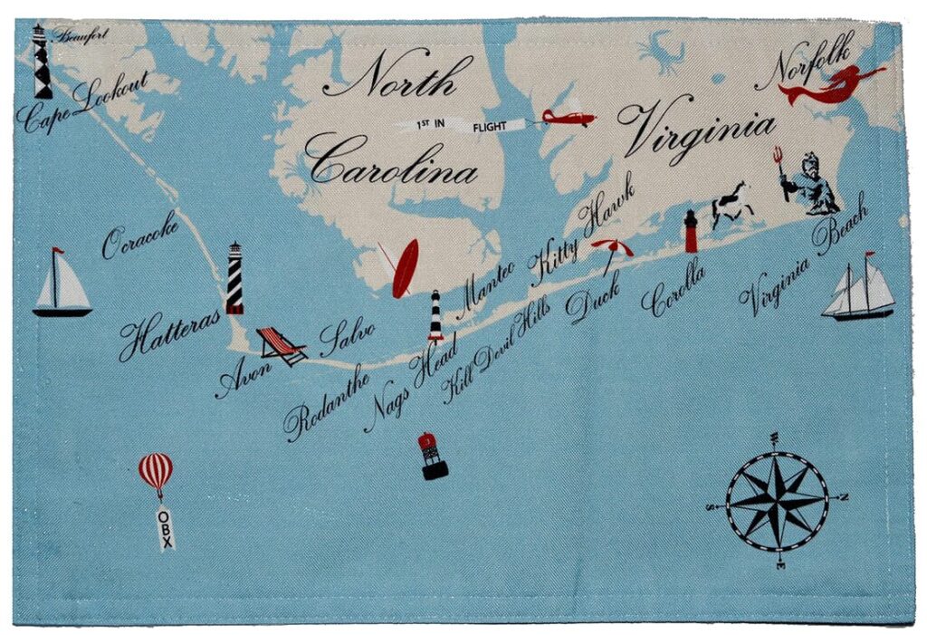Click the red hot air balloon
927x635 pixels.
156,472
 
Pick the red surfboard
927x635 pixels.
405,267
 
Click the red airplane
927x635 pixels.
568,118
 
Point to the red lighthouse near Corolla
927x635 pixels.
691,232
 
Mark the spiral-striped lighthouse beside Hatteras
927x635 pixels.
234,278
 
